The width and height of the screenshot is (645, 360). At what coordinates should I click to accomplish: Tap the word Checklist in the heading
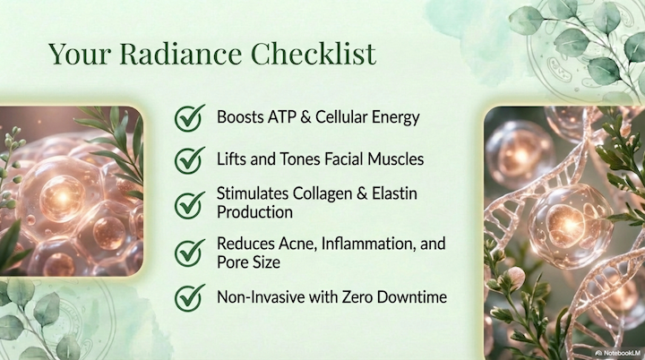313,54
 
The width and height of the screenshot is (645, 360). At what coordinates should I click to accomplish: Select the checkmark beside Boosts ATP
189,117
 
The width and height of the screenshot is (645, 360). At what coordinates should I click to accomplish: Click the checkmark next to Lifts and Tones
189,159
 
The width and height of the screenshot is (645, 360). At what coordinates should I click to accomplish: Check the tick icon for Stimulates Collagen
189,203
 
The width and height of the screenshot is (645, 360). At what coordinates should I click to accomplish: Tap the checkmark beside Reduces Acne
189,253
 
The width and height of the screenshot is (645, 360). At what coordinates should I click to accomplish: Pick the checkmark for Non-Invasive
189,296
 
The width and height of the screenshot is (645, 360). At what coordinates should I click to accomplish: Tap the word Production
255,212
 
